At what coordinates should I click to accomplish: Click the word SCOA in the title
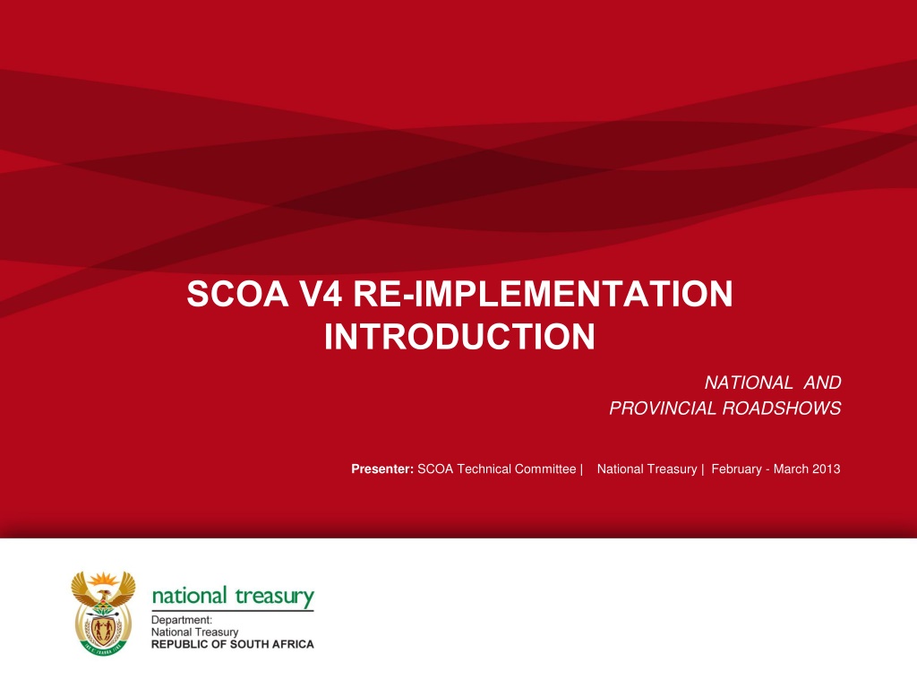pos(237,294)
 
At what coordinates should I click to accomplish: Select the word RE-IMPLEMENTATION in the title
pos(543,294)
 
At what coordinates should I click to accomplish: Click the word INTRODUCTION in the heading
pos(459,337)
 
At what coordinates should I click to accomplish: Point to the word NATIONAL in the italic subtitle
pos(749,383)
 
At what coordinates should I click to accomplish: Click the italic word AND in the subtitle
pos(823,383)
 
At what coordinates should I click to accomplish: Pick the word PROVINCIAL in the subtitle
pos(663,408)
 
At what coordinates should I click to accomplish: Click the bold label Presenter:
pos(382,469)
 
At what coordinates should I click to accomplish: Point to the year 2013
pos(827,469)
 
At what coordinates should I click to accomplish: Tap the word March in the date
pos(792,469)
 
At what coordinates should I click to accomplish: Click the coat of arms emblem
pos(103,613)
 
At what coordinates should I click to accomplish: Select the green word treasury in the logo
pos(275,597)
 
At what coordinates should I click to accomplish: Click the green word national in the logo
pos(190,596)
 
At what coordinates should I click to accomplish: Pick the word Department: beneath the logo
pos(182,620)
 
